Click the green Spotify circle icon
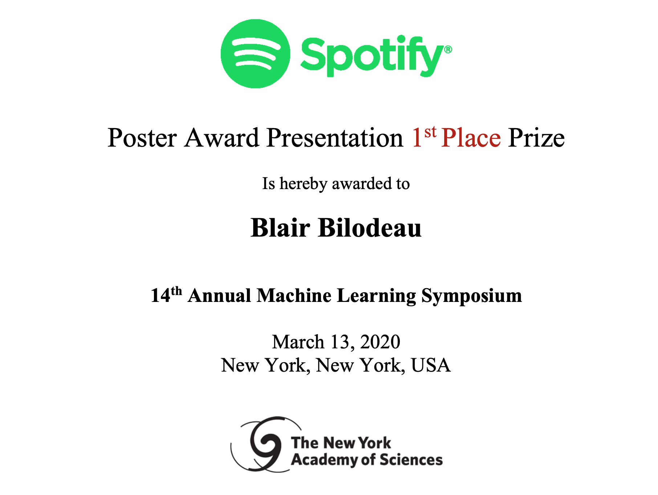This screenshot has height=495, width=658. (255, 54)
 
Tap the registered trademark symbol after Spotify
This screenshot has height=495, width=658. (448, 49)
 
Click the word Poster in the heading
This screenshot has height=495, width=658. (142, 138)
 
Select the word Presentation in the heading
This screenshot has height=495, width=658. (335, 138)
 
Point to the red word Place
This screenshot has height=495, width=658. (471, 138)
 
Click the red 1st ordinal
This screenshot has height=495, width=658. (424, 137)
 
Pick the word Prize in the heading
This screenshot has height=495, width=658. (536, 138)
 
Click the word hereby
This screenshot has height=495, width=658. (303, 184)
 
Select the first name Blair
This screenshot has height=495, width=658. (280, 228)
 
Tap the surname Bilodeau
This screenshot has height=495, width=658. (370, 228)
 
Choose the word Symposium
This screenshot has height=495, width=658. (471, 296)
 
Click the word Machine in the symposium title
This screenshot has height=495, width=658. (294, 295)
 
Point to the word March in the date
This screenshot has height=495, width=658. (298, 342)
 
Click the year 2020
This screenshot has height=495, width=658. (380, 342)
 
